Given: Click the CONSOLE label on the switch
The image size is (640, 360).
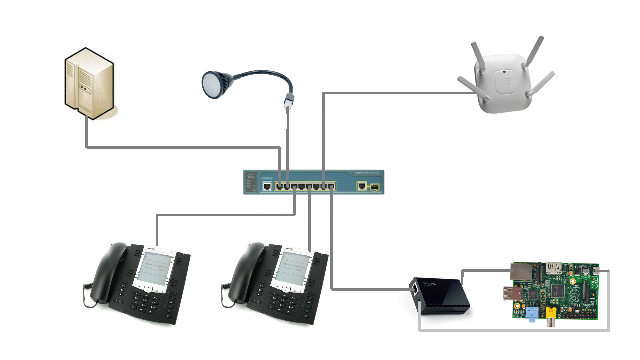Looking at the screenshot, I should (267, 178).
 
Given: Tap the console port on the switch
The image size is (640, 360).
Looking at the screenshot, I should (267, 186).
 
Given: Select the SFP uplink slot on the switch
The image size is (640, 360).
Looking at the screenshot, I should (374, 187).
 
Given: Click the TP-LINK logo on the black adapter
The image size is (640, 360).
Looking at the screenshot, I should (429, 284).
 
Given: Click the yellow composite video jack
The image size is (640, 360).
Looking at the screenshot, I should (551, 313).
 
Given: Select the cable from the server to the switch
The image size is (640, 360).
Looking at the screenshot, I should (183, 147).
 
